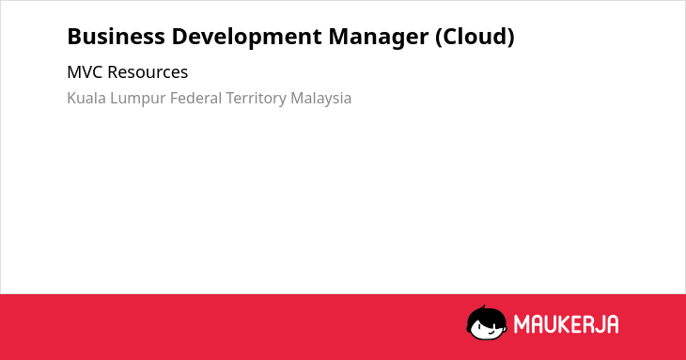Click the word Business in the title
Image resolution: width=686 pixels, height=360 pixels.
tap(116, 37)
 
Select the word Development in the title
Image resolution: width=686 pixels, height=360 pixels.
tap(247, 38)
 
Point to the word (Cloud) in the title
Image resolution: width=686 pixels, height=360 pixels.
tap(475, 38)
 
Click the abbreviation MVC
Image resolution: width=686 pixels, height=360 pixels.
tap(86, 72)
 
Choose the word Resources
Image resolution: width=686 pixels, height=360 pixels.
tap(148, 72)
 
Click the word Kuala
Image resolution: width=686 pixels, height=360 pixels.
tap(86, 98)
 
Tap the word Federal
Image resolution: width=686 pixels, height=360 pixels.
tap(195, 98)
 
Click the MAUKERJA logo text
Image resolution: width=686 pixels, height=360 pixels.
tap(566, 324)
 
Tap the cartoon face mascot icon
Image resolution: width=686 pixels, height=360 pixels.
tap(487, 322)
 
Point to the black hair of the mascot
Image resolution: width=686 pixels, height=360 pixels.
tap(486, 315)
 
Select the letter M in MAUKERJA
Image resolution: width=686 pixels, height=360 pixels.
tap(521, 324)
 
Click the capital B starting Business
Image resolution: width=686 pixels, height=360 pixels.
tap(74, 37)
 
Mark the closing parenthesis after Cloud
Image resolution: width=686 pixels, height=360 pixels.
tap(511, 38)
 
